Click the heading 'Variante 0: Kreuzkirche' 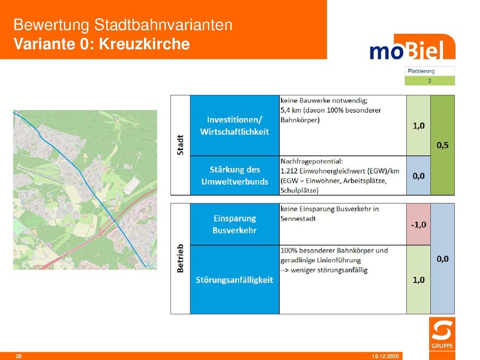(101, 44)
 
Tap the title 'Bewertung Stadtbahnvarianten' (122, 25)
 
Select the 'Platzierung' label (421, 71)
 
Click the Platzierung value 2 (430, 80)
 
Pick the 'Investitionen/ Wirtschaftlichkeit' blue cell (235, 125)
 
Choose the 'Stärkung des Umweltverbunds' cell (235, 175)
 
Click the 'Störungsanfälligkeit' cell (235, 280)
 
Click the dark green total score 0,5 (443, 145)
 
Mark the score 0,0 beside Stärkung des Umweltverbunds (418, 175)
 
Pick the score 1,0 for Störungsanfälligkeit (418, 280)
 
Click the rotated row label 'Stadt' (180, 145)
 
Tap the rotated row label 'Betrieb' (180, 259)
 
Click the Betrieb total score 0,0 (443, 259)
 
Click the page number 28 (18, 356)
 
